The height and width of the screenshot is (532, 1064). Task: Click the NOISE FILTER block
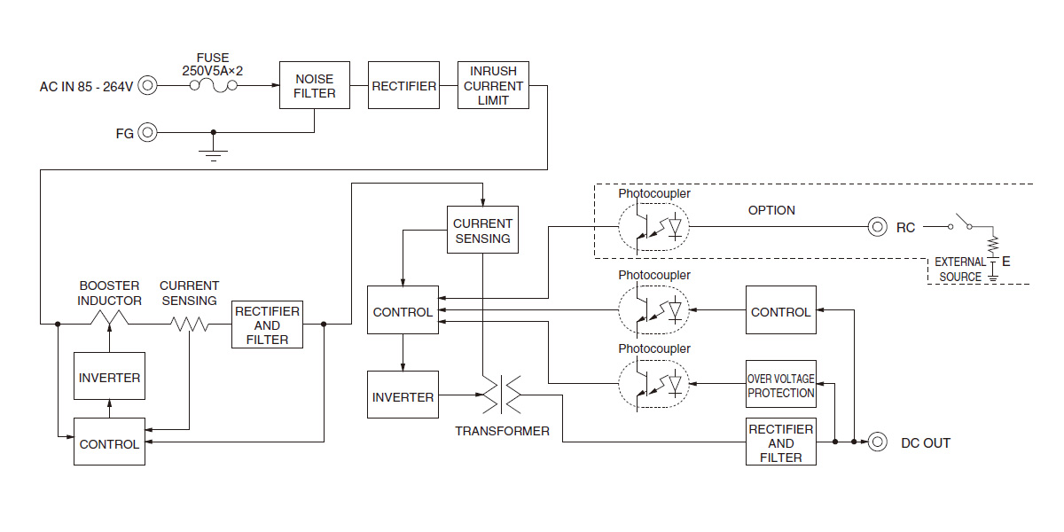click(315, 85)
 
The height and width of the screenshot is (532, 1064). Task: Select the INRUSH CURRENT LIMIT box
click(493, 85)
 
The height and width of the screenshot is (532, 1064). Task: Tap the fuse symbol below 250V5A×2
click(212, 85)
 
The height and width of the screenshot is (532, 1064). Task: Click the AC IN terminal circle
click(147, 86)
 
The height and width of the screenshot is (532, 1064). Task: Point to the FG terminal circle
click(147, 133)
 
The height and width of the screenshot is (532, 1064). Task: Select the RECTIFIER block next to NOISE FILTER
click(403, 85)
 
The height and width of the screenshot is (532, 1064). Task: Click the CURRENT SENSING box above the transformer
click(482, 231)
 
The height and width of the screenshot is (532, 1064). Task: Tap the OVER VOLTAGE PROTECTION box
click(780, 385)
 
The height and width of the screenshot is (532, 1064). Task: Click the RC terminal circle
click(877, 226)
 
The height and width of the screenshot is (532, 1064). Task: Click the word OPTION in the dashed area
click(771, 210)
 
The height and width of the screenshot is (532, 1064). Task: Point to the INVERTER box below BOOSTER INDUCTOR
click(109, 378)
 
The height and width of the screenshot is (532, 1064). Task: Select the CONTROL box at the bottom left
click(109, 442)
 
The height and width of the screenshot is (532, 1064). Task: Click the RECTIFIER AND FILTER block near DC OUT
click(780, 442)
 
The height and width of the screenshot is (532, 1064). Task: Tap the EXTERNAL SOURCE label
click(960, 270)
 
